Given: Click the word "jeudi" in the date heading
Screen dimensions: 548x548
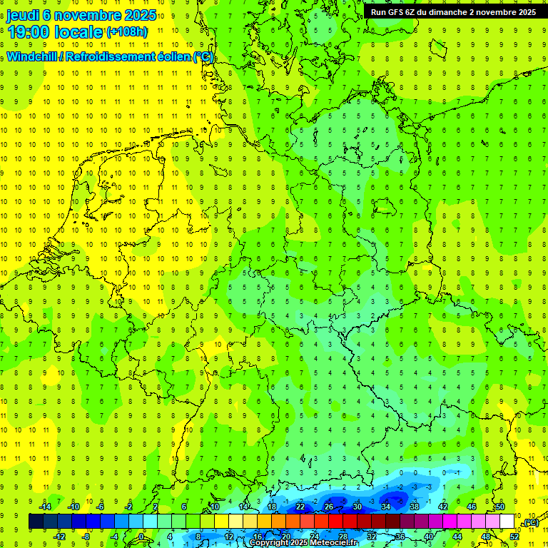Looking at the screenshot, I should (x=23, y=14).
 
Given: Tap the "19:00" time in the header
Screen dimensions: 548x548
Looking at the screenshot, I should (x=26, y=31).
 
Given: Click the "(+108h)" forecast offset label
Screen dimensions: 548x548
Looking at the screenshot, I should (x=127, y=32).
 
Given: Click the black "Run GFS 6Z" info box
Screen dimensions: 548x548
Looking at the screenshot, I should (x=455, y=12).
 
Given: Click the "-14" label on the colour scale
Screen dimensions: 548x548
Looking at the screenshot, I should (x=45, y=507).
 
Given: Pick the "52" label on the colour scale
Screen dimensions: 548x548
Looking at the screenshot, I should (x=514, y=537).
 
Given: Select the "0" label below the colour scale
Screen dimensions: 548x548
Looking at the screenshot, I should (x=141, y=537).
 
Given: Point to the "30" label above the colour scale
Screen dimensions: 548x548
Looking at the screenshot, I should (x=357, y=507).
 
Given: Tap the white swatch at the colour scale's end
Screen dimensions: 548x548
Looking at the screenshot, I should (x=507, y=522).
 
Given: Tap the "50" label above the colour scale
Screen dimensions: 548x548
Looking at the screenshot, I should (x=500, y=507).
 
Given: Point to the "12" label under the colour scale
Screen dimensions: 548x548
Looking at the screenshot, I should (x=228, y=537).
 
